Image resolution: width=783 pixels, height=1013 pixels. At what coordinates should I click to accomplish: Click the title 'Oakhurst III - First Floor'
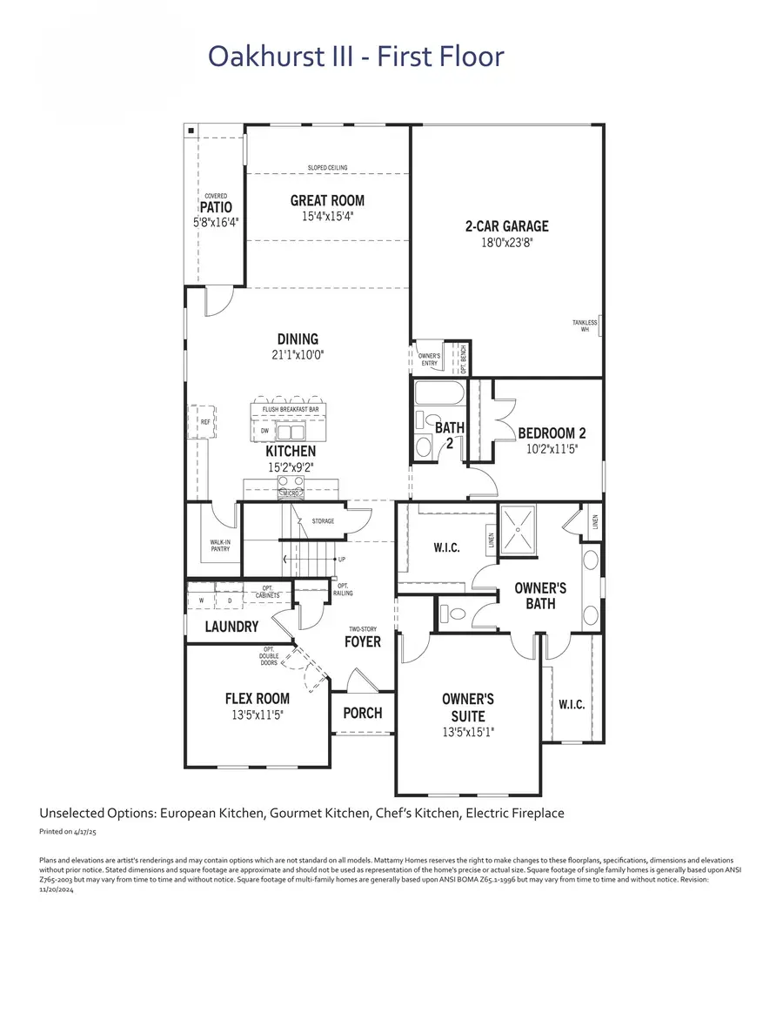click(356, 57)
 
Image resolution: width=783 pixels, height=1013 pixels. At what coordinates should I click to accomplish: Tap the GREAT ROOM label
click(327, 200)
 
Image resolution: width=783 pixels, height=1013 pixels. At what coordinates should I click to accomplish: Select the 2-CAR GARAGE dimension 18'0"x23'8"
click(506, 243)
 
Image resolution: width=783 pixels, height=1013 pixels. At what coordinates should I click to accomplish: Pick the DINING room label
click(298, 339)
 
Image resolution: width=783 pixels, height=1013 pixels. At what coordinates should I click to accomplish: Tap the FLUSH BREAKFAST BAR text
click(290, 409)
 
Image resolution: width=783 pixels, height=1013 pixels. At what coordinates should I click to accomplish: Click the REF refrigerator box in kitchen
click(205, 422)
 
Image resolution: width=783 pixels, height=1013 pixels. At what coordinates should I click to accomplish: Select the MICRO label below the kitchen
click(290, 493)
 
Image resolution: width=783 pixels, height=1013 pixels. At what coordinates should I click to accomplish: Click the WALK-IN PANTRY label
click(220, 546)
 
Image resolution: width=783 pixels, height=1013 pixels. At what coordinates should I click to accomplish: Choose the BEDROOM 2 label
click(552, 433)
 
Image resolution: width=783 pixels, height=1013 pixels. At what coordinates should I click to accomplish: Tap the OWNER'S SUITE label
click(468, 707)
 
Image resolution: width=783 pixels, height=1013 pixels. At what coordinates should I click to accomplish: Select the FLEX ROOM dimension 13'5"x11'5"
click(257, 714)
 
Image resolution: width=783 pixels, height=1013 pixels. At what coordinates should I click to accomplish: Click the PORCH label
click(362, 713)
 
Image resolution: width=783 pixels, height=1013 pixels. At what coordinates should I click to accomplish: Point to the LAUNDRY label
click(231, 627)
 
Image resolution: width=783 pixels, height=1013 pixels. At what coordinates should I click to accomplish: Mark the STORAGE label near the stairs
click(323, 521)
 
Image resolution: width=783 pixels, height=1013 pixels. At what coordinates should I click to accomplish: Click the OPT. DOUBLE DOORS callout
click(270, 656)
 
